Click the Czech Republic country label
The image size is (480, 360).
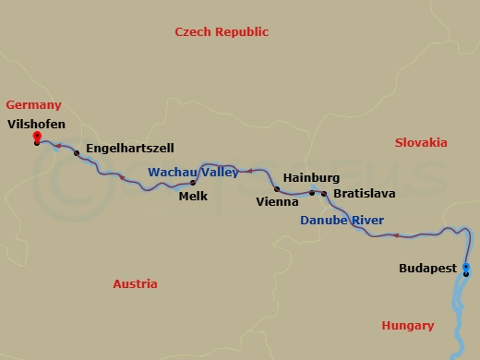[222, 32]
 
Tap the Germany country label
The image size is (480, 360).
[33, 105]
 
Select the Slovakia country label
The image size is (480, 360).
[421, 143]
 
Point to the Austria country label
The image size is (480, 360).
[135, 284]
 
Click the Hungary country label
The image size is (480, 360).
[407, 326]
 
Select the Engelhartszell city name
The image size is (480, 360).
[129, 148]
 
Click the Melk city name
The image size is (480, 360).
[193, 197]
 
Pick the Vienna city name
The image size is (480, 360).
[277, 200]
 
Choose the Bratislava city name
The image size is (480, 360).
[364, 195]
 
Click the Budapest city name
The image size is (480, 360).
[427, 269]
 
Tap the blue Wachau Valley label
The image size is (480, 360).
[193, 172]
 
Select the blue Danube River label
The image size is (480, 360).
[342, 221]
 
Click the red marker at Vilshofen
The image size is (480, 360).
[36, 136]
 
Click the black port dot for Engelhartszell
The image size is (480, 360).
[77, 152]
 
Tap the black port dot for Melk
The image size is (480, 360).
[193, 183]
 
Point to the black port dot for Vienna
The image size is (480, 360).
[277, 188]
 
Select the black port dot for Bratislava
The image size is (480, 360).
[323, 194]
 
